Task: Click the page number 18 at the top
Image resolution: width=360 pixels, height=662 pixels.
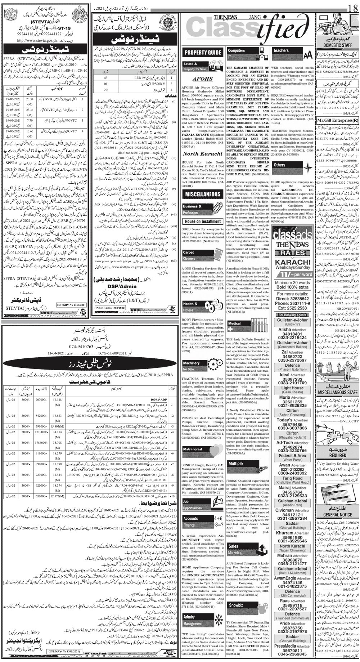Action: tap(353, 6)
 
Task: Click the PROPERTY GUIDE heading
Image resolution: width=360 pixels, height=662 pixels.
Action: tap(203, 52)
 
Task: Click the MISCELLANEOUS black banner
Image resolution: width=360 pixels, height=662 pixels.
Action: tap(202, 194)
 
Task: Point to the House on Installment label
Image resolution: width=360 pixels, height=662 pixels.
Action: tap(203, 222)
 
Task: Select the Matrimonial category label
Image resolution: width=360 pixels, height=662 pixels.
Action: tap(193, 449)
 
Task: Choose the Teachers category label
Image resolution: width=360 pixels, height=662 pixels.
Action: tap(281, 51)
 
